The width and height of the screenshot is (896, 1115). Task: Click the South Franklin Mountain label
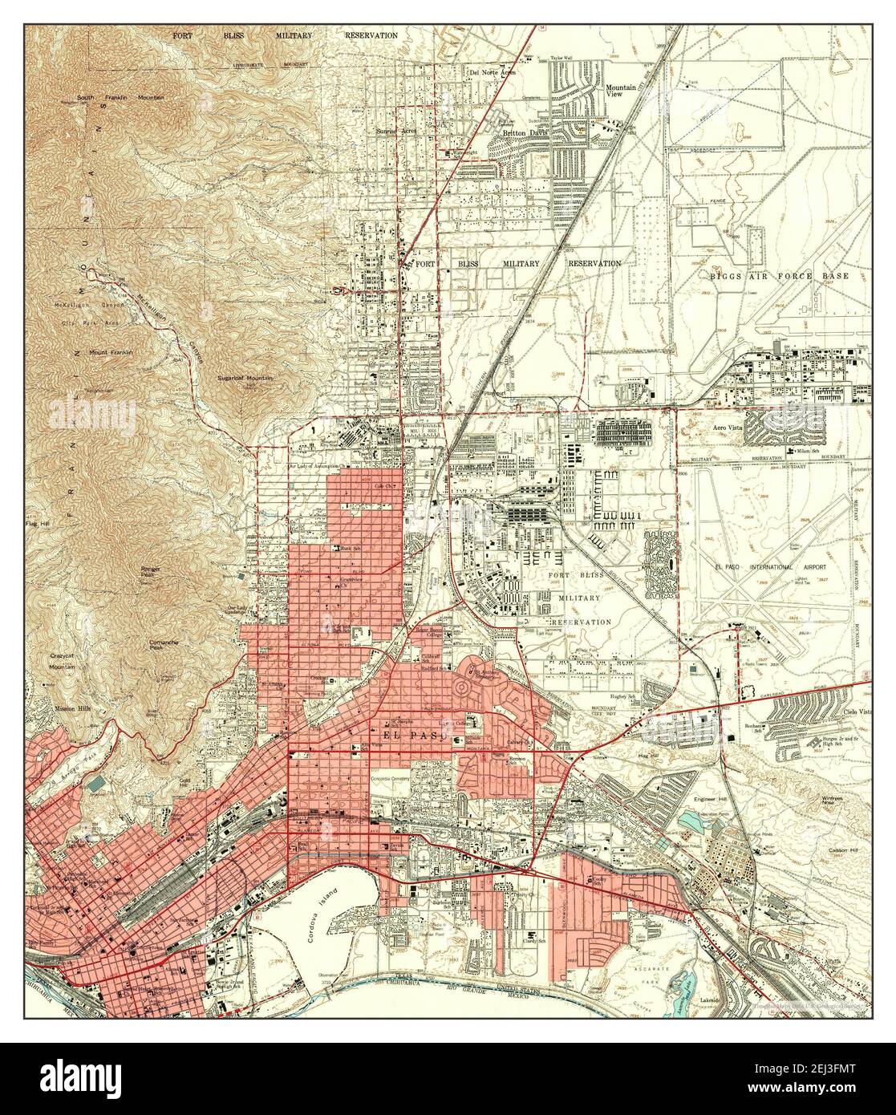point(120,98)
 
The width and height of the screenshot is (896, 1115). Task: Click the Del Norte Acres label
point(493,72)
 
